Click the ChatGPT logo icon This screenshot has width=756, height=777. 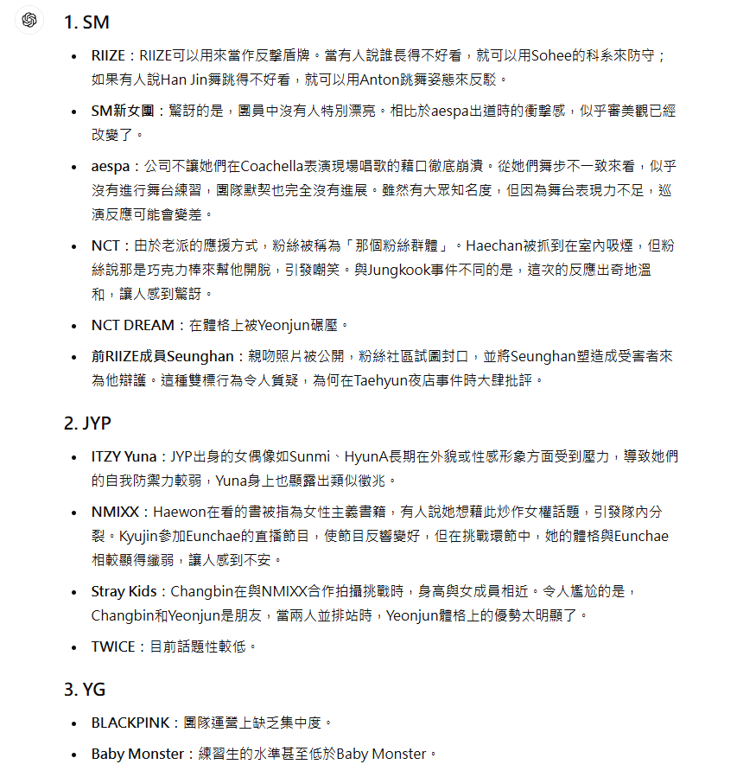[x=29, y=21]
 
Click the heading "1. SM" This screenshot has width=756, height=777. [x=86, y=22]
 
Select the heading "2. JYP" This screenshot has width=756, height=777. [x=87, y=424]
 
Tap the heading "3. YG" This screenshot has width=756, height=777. [x=85, y=690]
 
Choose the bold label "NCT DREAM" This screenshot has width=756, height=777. [x=133, y=325]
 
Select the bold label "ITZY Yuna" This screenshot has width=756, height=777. [x=124, y=456]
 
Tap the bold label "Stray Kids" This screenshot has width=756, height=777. [x=124, y=591]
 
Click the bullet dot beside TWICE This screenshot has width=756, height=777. [x=75, y=647]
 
